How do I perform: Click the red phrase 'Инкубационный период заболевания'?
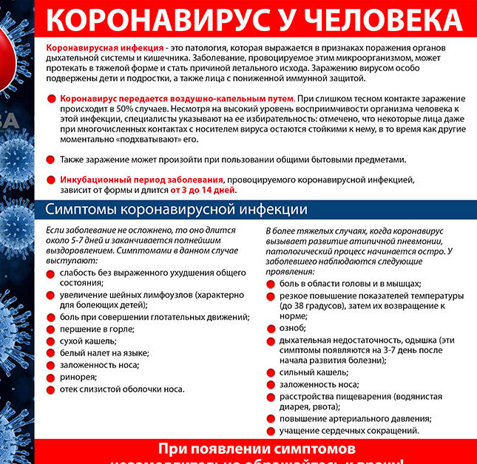(x=142, y=179)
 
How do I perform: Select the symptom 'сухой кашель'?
(x=88, y=341)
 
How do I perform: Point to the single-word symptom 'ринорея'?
(x=78, y=377)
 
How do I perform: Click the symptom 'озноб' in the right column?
(x=292, y=327)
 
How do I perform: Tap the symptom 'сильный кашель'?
(x=310, y=372)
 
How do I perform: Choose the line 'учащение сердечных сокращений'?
(x=349, y=430)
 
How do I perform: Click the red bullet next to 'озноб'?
(x=271, y=327)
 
